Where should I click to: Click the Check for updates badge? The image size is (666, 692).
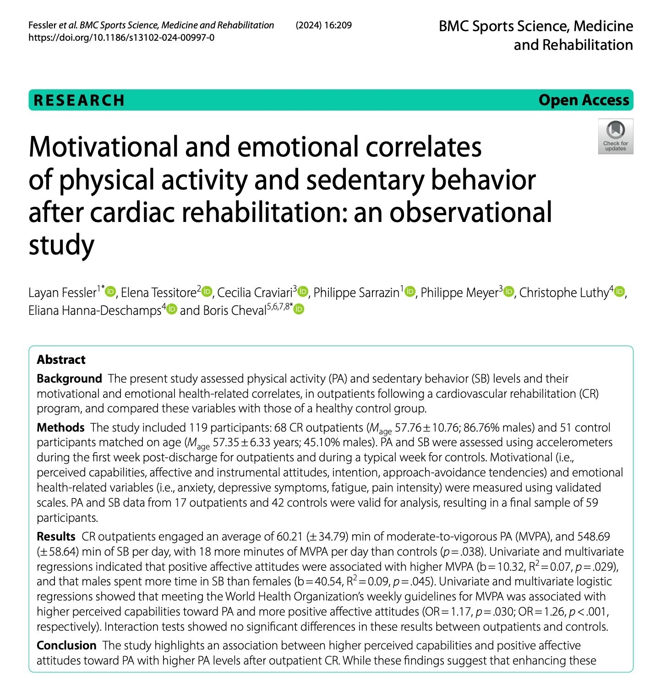(615, 136)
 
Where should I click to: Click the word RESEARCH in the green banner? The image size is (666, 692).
(79, 100)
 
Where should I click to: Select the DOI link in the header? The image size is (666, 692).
(121, 38)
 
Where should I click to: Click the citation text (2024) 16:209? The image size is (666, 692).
(323, 25)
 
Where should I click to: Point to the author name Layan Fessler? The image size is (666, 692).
(62, 292)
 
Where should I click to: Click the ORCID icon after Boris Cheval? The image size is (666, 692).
(299, 310)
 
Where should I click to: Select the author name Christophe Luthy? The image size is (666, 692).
(563, 292)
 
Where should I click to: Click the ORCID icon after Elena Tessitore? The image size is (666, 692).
(207, 292)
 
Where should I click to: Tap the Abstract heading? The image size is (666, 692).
(61, 360)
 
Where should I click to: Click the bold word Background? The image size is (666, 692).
(69, 378)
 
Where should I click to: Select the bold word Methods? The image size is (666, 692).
(60, 427)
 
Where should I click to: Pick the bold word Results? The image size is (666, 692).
(56, 536)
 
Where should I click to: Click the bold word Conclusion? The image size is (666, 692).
(66, 645)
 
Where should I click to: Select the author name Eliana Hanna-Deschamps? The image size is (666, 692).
(94, 310)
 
